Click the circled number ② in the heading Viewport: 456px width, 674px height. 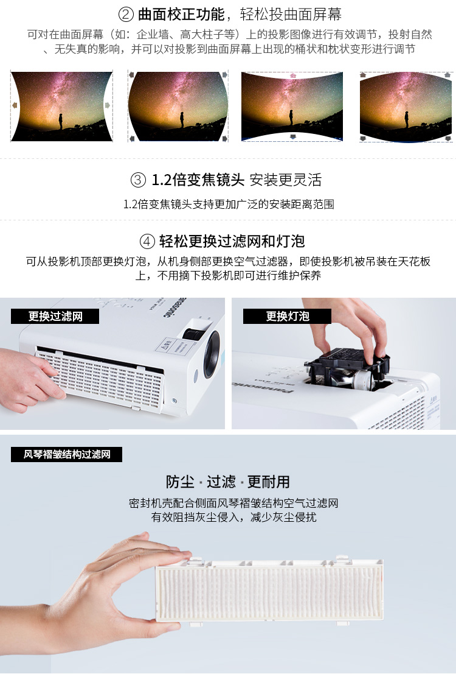coord(126,15)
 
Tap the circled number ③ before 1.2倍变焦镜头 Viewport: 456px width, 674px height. coord(138,180)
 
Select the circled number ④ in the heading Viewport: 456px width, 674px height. coord(147,241)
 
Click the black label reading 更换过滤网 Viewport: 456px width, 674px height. coord(55,317)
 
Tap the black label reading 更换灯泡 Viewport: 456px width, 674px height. coord(287,317)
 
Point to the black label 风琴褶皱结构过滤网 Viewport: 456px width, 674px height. coord(66,454)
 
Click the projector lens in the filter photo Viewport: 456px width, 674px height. coord(211,354)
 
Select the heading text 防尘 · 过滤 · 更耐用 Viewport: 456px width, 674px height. coord(228,482)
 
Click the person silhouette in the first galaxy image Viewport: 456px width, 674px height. coord(61,121)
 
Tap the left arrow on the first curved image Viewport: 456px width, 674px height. coord(15,105)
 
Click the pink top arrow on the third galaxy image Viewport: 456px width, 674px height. coord(293,75)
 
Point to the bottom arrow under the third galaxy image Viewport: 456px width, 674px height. coord(293,137)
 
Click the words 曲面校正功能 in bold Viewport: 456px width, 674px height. coord(181,15)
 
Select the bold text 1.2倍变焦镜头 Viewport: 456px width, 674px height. coord(198,180)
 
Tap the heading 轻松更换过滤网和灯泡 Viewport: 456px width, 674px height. coord(232,241)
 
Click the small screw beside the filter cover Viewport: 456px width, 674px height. coord(174,401)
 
